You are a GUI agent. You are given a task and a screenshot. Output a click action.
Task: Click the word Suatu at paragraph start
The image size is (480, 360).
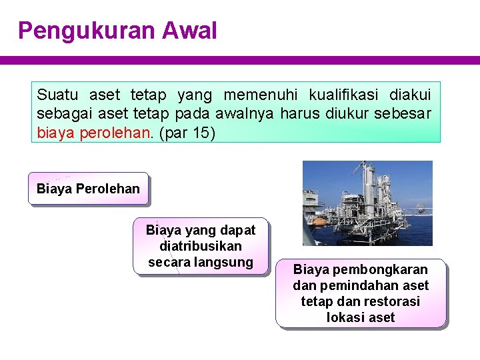[57, 95]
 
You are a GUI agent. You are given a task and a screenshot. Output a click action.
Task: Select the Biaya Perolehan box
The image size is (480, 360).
[88, 189]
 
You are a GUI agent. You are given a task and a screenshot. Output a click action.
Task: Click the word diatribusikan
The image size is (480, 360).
[201, 246]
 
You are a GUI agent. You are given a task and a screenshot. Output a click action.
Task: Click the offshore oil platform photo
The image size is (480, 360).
[367, 203]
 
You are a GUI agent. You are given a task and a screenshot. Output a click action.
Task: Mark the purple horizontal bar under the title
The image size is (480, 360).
[240, 60]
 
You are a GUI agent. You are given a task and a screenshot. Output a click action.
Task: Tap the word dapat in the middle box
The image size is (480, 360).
[239, 230]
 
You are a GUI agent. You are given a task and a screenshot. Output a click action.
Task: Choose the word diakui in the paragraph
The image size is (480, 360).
[409, 95]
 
